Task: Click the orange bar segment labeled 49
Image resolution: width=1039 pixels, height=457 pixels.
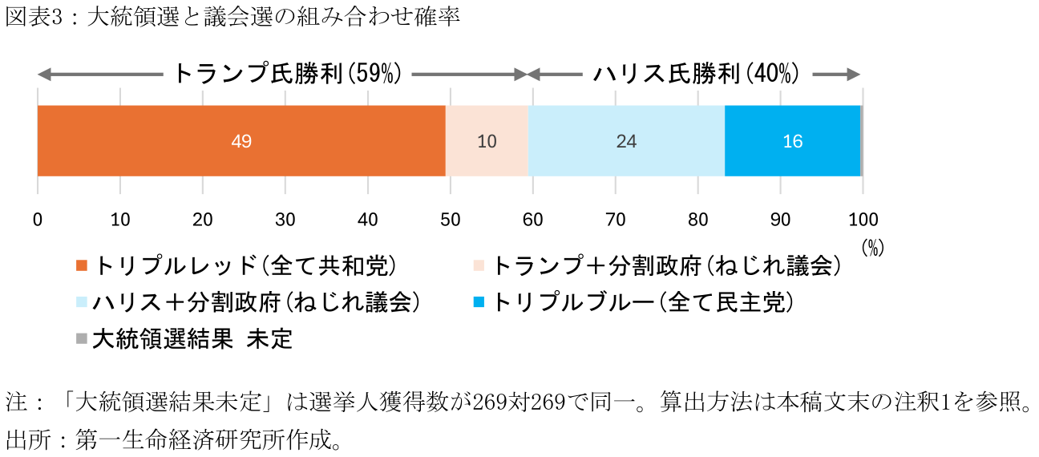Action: pyautogui.click(x=241, y=141)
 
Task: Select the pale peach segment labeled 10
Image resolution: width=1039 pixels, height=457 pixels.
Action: pyautogui.click(x=487, y=141)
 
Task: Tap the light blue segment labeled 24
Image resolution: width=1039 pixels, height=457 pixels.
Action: pyautogui.click(x=626, y=141)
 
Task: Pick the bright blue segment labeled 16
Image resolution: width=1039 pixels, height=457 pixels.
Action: pyautogui.click(x=792, y=141)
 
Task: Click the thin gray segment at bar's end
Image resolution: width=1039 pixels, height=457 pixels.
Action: pyautogui.click(x=862, y=141)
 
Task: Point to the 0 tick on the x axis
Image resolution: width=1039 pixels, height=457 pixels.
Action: pyautogui.click(x=38, y=220)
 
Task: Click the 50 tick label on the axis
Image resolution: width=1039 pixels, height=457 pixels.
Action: pyautogui.click(x=450, y=220)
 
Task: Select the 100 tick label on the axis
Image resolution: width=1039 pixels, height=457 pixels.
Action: pyautogui.click(x=863, y=220)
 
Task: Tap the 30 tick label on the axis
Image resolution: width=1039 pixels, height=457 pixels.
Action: pyautogui.click(x=285, y=220)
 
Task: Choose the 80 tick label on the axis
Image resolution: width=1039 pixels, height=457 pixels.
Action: pyautogui.click(x=697, y=220)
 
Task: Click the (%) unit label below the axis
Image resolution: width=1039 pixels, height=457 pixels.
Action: pyautogui.click(x=872, y=249)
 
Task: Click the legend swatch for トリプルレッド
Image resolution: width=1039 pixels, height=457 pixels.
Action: pyautogui.click(x=81, y=266)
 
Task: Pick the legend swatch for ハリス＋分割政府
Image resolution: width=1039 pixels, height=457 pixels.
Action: pyautogui.click(x=81, y=302)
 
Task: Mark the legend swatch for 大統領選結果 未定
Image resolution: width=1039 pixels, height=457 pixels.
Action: pyautogui.click(x=81, y=339)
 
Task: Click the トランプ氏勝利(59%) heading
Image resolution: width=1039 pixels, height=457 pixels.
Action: pyautogui.click(x=287, y=74)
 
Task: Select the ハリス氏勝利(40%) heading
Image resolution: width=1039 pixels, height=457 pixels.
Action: pyautogui.click(x=696, y=74)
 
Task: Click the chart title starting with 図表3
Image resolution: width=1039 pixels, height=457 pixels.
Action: pyautogui.click(x=232, y=18)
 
